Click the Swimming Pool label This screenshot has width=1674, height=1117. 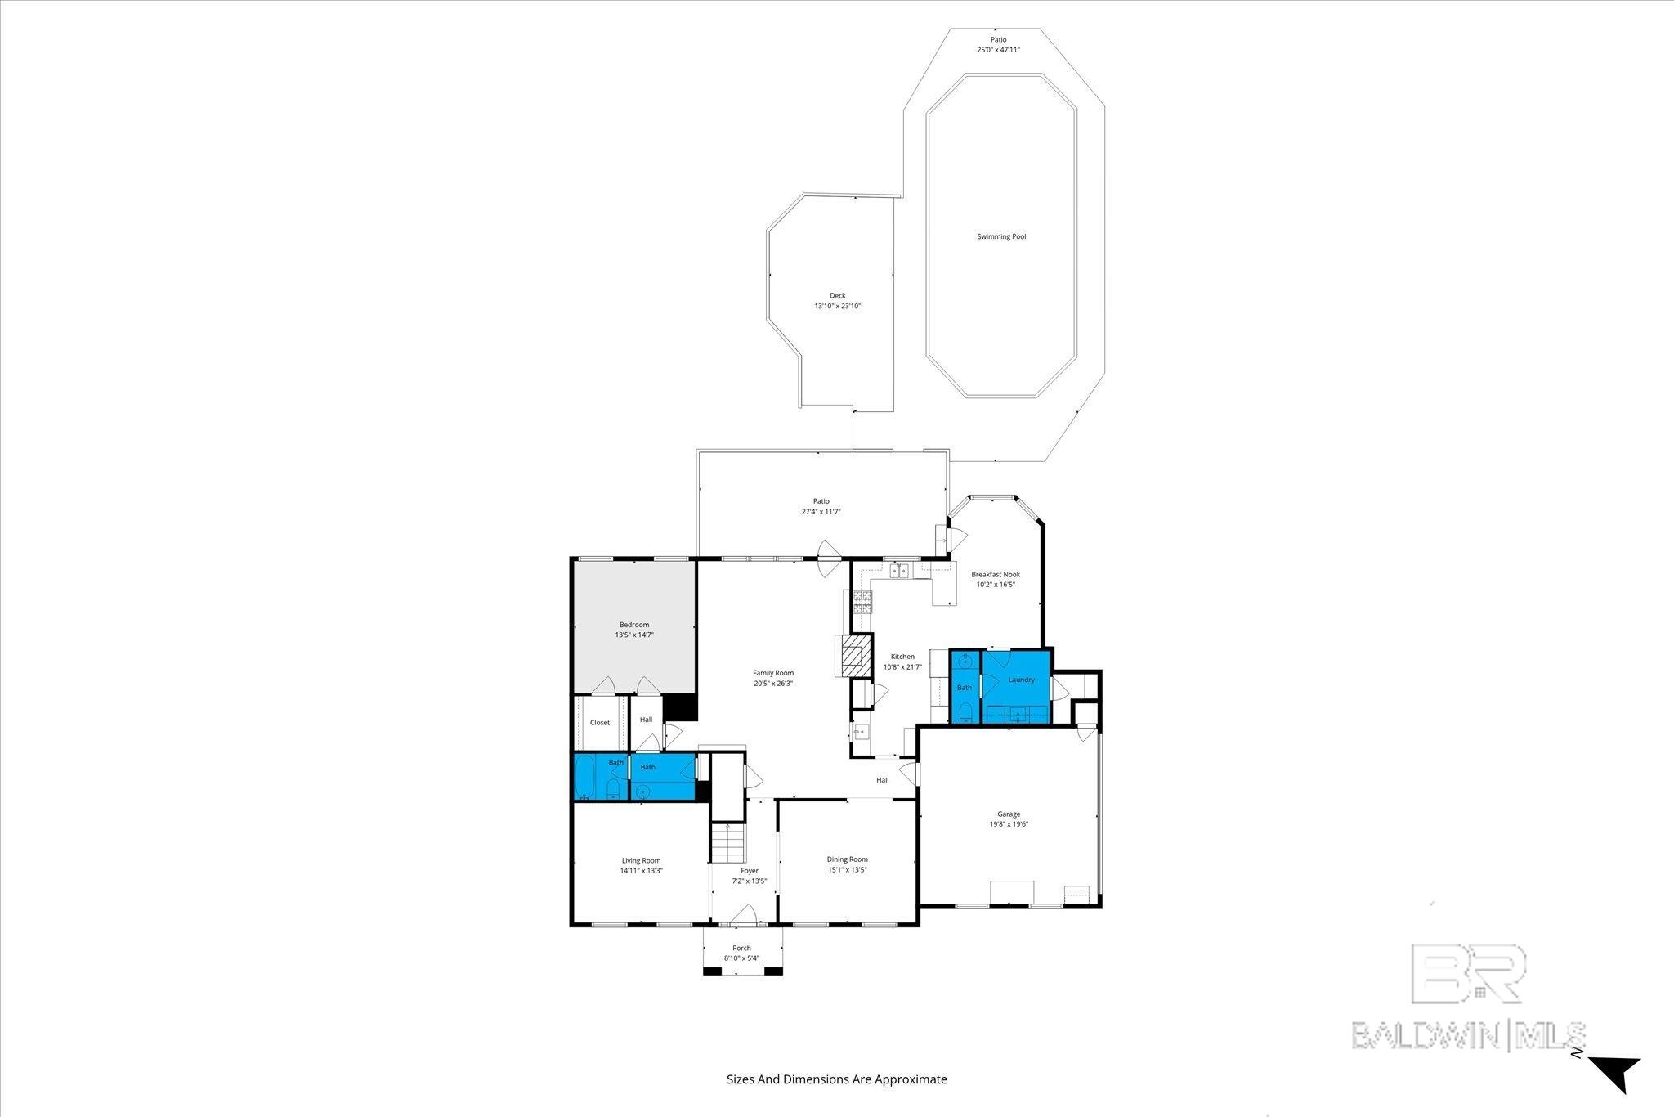point(1001,237)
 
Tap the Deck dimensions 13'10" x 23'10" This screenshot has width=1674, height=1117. point(838,307)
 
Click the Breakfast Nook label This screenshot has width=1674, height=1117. point(996,575)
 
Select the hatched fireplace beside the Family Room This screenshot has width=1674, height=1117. point(857,657)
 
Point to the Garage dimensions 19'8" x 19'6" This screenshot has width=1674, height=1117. point(1009,824)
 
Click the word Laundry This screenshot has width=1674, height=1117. point(1022,680)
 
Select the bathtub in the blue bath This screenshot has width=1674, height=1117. point(585,777)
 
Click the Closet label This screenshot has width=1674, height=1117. point(600,723)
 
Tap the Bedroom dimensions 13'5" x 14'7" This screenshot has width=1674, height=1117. point(634,635)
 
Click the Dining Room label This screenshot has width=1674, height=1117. point(847,859)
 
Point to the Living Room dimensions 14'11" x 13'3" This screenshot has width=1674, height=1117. point(641,871)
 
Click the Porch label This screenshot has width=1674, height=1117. point(741,949)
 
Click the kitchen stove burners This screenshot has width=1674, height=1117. point(862,603)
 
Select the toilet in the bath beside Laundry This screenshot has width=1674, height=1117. point(965,711)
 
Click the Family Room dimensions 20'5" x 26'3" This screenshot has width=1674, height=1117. point(772,684)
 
